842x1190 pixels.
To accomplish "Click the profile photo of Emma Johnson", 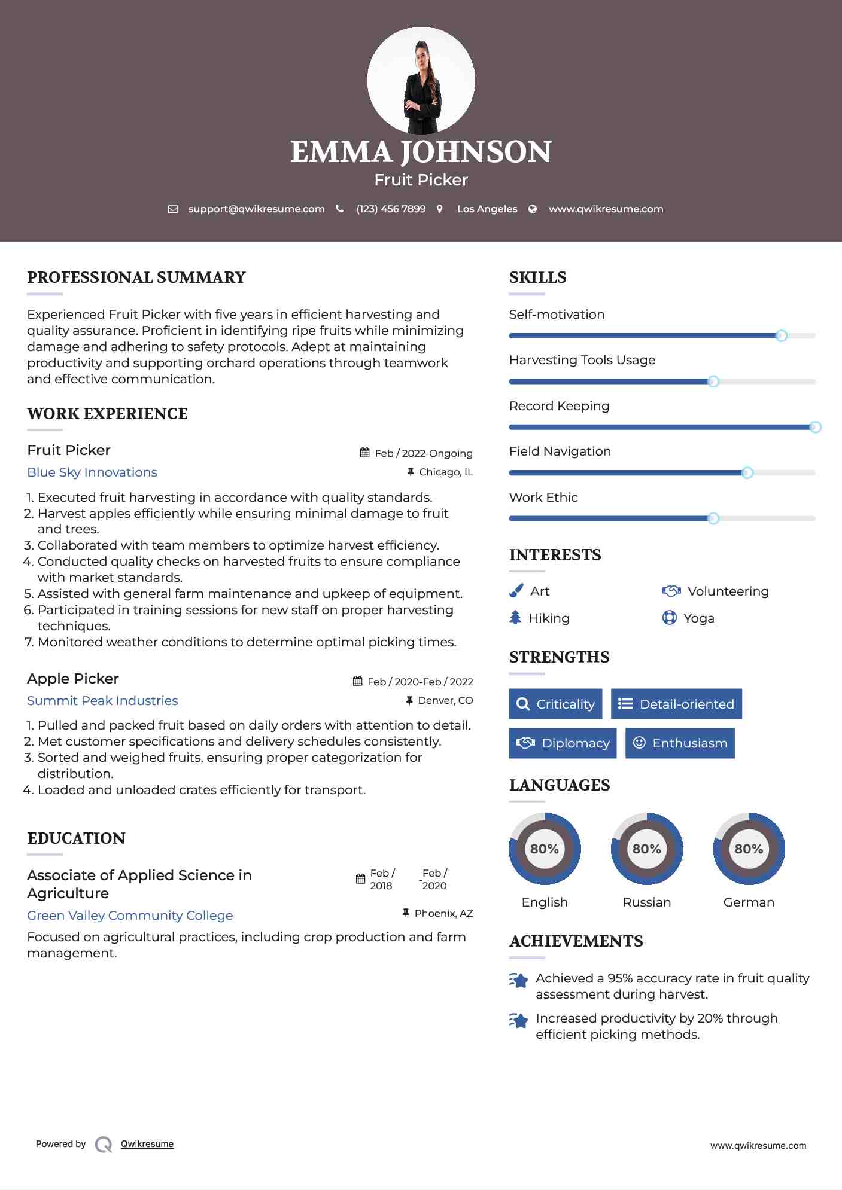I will click(421, 80).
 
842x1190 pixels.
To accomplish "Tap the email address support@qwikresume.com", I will click(256, 209).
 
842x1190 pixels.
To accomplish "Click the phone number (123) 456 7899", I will click(391, 209).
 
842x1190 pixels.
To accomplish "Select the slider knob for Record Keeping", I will click(814, 427).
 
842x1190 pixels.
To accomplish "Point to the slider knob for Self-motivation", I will click(781, 335).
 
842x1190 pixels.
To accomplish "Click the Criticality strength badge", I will click(555, 704).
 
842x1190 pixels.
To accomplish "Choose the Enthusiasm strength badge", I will click(680, 743).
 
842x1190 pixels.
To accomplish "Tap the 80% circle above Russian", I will click(646, 849).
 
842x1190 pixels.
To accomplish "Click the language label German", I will click(749, 902).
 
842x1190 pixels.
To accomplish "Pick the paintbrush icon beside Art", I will click(516, 591).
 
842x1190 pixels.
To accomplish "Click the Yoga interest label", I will click(698, 618).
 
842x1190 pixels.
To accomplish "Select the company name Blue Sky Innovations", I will click(92, 472).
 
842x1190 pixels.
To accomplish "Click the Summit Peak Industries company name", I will click(102, 700).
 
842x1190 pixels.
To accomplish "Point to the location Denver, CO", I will click(445, 700).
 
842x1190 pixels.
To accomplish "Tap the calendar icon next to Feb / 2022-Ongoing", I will click(364, 453).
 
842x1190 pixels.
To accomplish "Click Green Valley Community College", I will click(130, 915).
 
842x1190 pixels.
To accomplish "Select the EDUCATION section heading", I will click(76, 838).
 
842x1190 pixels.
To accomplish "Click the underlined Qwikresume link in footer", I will click(147, 1143).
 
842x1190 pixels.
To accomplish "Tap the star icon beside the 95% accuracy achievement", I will click(518, 980).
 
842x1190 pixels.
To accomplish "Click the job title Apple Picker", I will click(73, 678).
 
